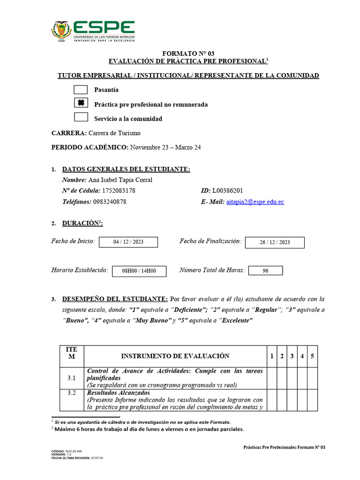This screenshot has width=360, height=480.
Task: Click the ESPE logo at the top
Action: [93, 31]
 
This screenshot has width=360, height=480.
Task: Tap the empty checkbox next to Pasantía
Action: [81, 90]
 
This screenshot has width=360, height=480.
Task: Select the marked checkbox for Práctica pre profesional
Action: [81, 104]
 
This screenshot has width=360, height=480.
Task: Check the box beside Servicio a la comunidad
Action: [81, 118]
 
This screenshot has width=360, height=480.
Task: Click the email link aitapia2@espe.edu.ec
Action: [255, 202]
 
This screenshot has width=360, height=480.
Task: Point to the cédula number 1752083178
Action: [119, 191]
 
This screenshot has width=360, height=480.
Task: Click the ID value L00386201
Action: [227, 191]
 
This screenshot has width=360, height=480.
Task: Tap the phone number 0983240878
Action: [110, 202]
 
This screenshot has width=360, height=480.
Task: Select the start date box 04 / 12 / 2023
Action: [128, 242]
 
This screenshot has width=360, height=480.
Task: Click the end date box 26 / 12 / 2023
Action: [275, 242]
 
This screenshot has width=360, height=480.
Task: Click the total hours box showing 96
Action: [265, 271]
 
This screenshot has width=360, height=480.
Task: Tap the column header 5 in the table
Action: [312, 356]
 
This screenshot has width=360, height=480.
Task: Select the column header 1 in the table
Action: [271, 356]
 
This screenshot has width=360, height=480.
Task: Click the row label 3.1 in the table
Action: [71, 378]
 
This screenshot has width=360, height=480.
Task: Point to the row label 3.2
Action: [71, 393]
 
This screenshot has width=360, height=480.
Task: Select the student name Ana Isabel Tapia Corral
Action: [120, 180]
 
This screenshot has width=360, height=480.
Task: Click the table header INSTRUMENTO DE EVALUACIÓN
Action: [175, 356]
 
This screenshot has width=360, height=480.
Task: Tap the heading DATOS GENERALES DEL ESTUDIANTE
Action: [126, 169]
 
